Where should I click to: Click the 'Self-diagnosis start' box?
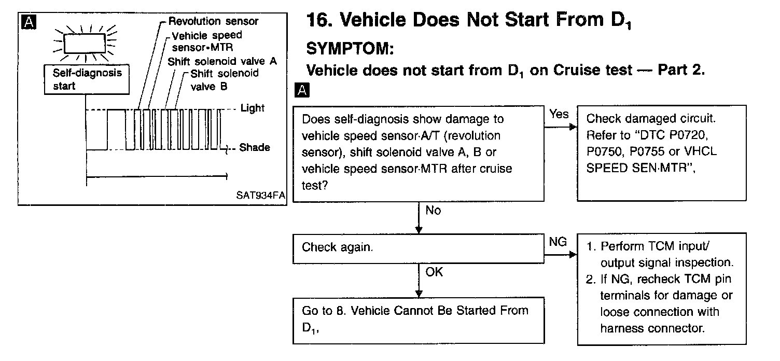87,79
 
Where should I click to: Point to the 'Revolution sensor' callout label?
214,21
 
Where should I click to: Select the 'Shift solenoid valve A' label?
222,61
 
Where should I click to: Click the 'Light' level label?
253,108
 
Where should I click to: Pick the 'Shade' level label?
254,148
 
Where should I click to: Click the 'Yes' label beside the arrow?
559,114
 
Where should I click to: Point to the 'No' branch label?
433,211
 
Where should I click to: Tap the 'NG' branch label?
558,242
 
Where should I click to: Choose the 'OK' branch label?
434,272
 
